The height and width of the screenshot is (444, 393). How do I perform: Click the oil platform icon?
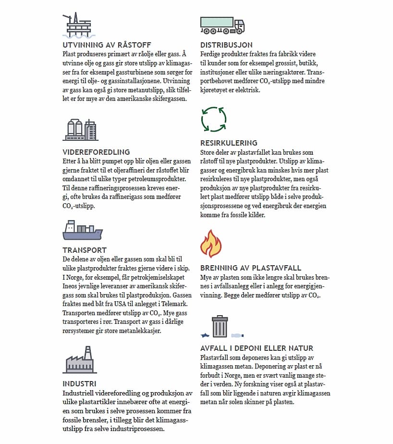[x=79, y=25]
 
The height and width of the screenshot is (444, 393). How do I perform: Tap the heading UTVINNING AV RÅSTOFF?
[x=100, y=45]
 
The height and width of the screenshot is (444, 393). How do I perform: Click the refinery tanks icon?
[x=80, y=130]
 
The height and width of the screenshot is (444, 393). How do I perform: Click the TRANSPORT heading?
[x=85, y=250]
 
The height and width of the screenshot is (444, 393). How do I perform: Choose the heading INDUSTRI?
[x=79, y=383]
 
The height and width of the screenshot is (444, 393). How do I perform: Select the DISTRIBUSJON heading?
[x=226, y=45]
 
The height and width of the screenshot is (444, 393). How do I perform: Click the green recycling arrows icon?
[x=213, y=119]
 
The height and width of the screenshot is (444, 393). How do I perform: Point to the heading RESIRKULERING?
[x=229, y=143]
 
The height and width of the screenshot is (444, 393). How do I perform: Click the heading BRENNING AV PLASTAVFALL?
[x=250, y=268]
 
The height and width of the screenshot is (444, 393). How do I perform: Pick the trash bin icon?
[x=220, y=327]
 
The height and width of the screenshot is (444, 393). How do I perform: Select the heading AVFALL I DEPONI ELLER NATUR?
[x=257, y=348]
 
